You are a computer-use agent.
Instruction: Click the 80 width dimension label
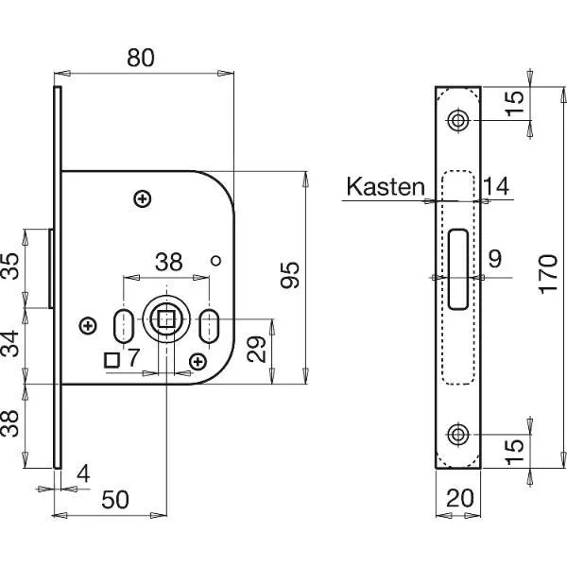point(141,58)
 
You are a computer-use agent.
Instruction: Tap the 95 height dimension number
point(290,275)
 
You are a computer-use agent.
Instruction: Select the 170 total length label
point(548,274)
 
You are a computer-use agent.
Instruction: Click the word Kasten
point(386,186)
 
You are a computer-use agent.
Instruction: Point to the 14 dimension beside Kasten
point(496,186)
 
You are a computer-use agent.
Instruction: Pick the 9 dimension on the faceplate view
point(495,259)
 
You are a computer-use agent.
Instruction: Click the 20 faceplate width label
point(460,498)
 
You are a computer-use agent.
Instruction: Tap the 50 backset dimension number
point(115,499)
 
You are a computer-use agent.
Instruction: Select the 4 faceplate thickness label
point(83,473)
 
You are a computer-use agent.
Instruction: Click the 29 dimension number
point(256,350)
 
